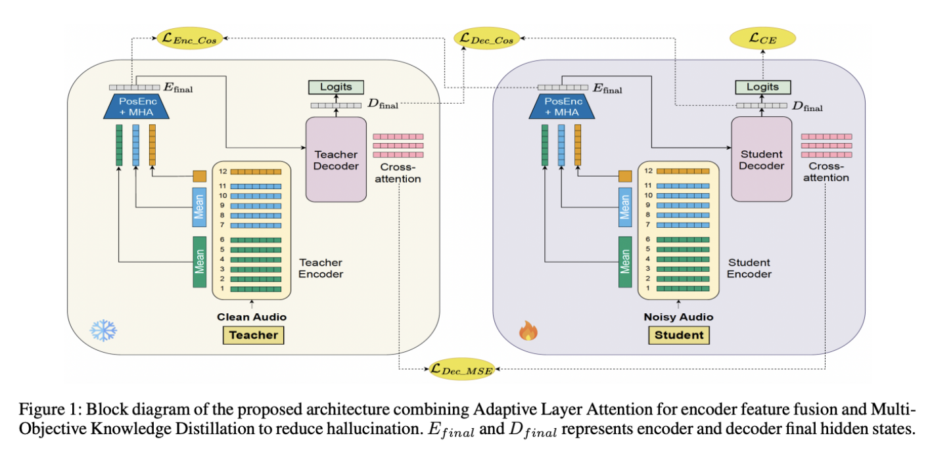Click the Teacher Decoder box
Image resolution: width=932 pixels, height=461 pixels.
tap(336, 160)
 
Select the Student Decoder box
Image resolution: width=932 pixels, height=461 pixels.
tap(761, 160)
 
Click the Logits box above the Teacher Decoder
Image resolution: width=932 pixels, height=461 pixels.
tap(336, 87)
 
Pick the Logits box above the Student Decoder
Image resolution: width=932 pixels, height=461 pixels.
tap(762, 87)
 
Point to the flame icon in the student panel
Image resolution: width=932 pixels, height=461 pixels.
tap(528, 330)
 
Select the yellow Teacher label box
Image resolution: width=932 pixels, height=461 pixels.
tap(254, 336)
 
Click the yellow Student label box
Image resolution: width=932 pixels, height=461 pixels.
tap(679, 336)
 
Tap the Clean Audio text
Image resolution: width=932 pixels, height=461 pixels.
tap(252, 317)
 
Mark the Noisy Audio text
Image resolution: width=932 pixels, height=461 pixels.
tap(678, 317)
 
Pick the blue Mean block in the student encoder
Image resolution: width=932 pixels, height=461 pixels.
tap(625, 207)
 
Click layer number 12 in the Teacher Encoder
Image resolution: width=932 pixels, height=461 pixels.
tap(224, 171)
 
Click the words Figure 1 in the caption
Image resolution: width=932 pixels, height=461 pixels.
tap(41, 411)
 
